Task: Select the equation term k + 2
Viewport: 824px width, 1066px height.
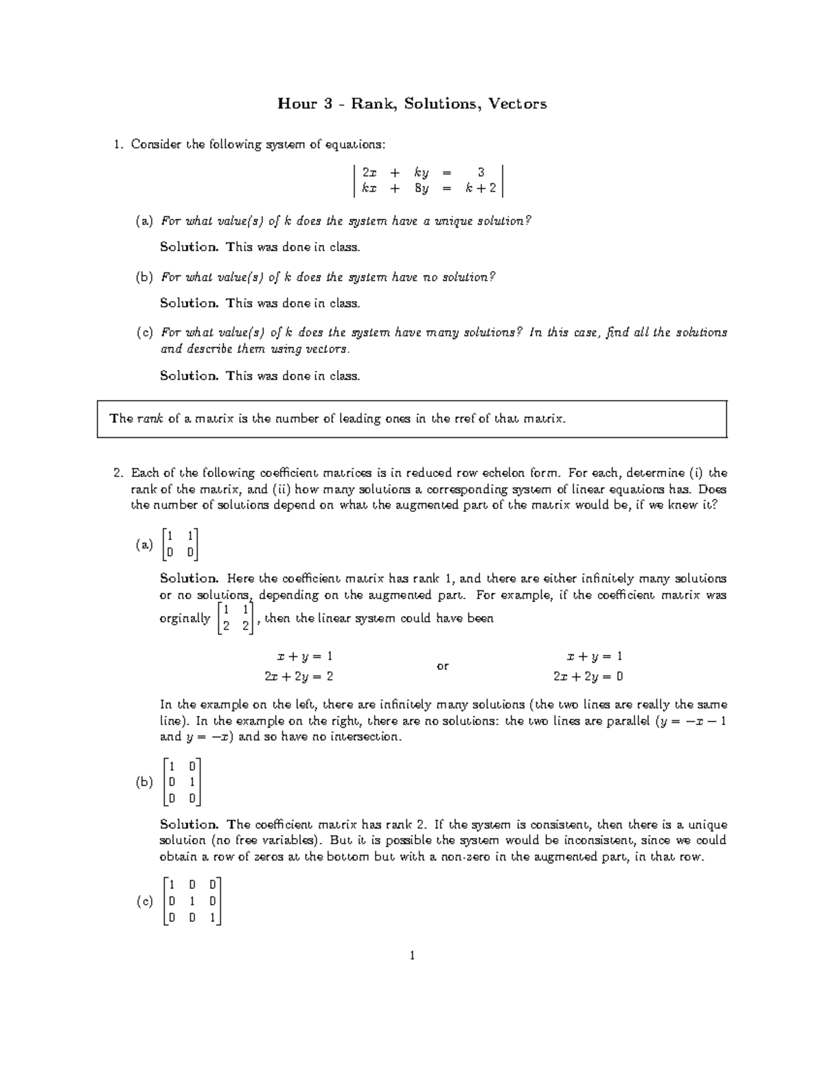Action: tap(481, 189)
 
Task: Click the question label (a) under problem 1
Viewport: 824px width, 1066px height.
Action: tap(144, 221)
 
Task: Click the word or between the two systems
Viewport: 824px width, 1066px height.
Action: tap(442, 666)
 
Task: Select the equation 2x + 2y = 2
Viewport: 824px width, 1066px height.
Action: tap(299, 676)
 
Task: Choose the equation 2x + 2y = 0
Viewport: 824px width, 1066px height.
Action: tap(588, 676)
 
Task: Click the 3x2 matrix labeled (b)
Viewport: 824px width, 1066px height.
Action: tap(183, 781)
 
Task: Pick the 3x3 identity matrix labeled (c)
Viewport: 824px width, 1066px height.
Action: tap(193, 901)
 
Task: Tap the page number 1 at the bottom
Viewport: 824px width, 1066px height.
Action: tap(411, 955)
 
